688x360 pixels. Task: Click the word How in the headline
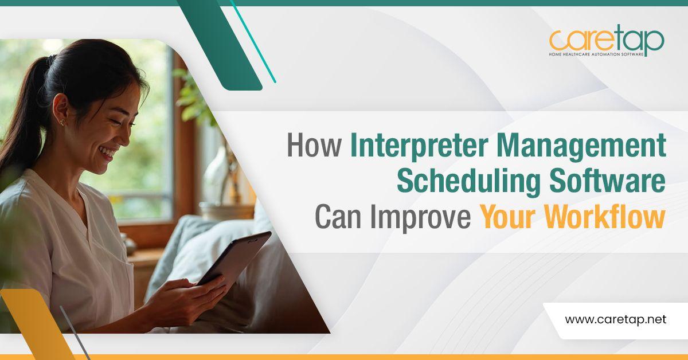coord(314,145)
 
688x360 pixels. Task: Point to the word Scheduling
coord(468,182)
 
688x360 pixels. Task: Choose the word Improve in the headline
coord(420,218)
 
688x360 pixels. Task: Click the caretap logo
coord(607,41)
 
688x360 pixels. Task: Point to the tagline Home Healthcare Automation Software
coord(596,54)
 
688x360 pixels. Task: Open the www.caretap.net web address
coord(616,320)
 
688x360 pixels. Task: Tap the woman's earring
coord(62,122)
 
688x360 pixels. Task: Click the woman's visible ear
coord(61,110)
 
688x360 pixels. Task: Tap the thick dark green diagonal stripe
coord(220,45)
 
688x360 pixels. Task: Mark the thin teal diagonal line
coord(253,41)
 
